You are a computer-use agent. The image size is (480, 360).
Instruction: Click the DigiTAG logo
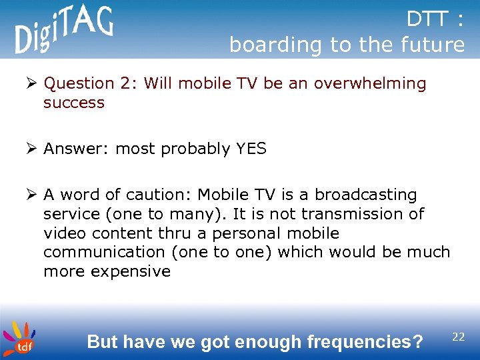(64, 30)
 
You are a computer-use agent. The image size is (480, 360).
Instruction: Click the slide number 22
(458, 337)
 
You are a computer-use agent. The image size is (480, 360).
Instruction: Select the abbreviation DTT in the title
(428, 20)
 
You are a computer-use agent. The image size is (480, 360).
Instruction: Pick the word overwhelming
(370, 83)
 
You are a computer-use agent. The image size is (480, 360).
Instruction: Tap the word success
(74, 103)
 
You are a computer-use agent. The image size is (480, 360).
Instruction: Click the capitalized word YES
(251, 149)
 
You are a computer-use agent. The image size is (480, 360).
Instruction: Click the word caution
(159, 195)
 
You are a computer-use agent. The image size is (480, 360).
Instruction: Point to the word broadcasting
(366, 195)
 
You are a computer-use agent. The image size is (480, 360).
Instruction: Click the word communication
(103, 252)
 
